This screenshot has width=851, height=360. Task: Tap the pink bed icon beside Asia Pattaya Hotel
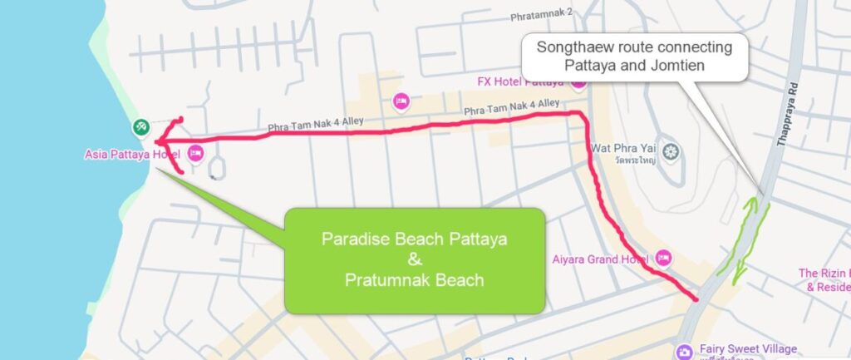195,153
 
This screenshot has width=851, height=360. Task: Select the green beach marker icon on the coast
140,127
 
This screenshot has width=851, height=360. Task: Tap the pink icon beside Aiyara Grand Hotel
663,257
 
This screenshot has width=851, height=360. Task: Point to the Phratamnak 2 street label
542,14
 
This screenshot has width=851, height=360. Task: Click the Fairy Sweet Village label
745,348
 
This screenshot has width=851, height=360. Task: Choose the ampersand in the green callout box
416,259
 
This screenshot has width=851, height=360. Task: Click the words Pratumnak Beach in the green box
415,280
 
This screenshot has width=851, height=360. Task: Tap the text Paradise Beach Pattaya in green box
415,239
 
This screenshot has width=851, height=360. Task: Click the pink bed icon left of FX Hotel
402,101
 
